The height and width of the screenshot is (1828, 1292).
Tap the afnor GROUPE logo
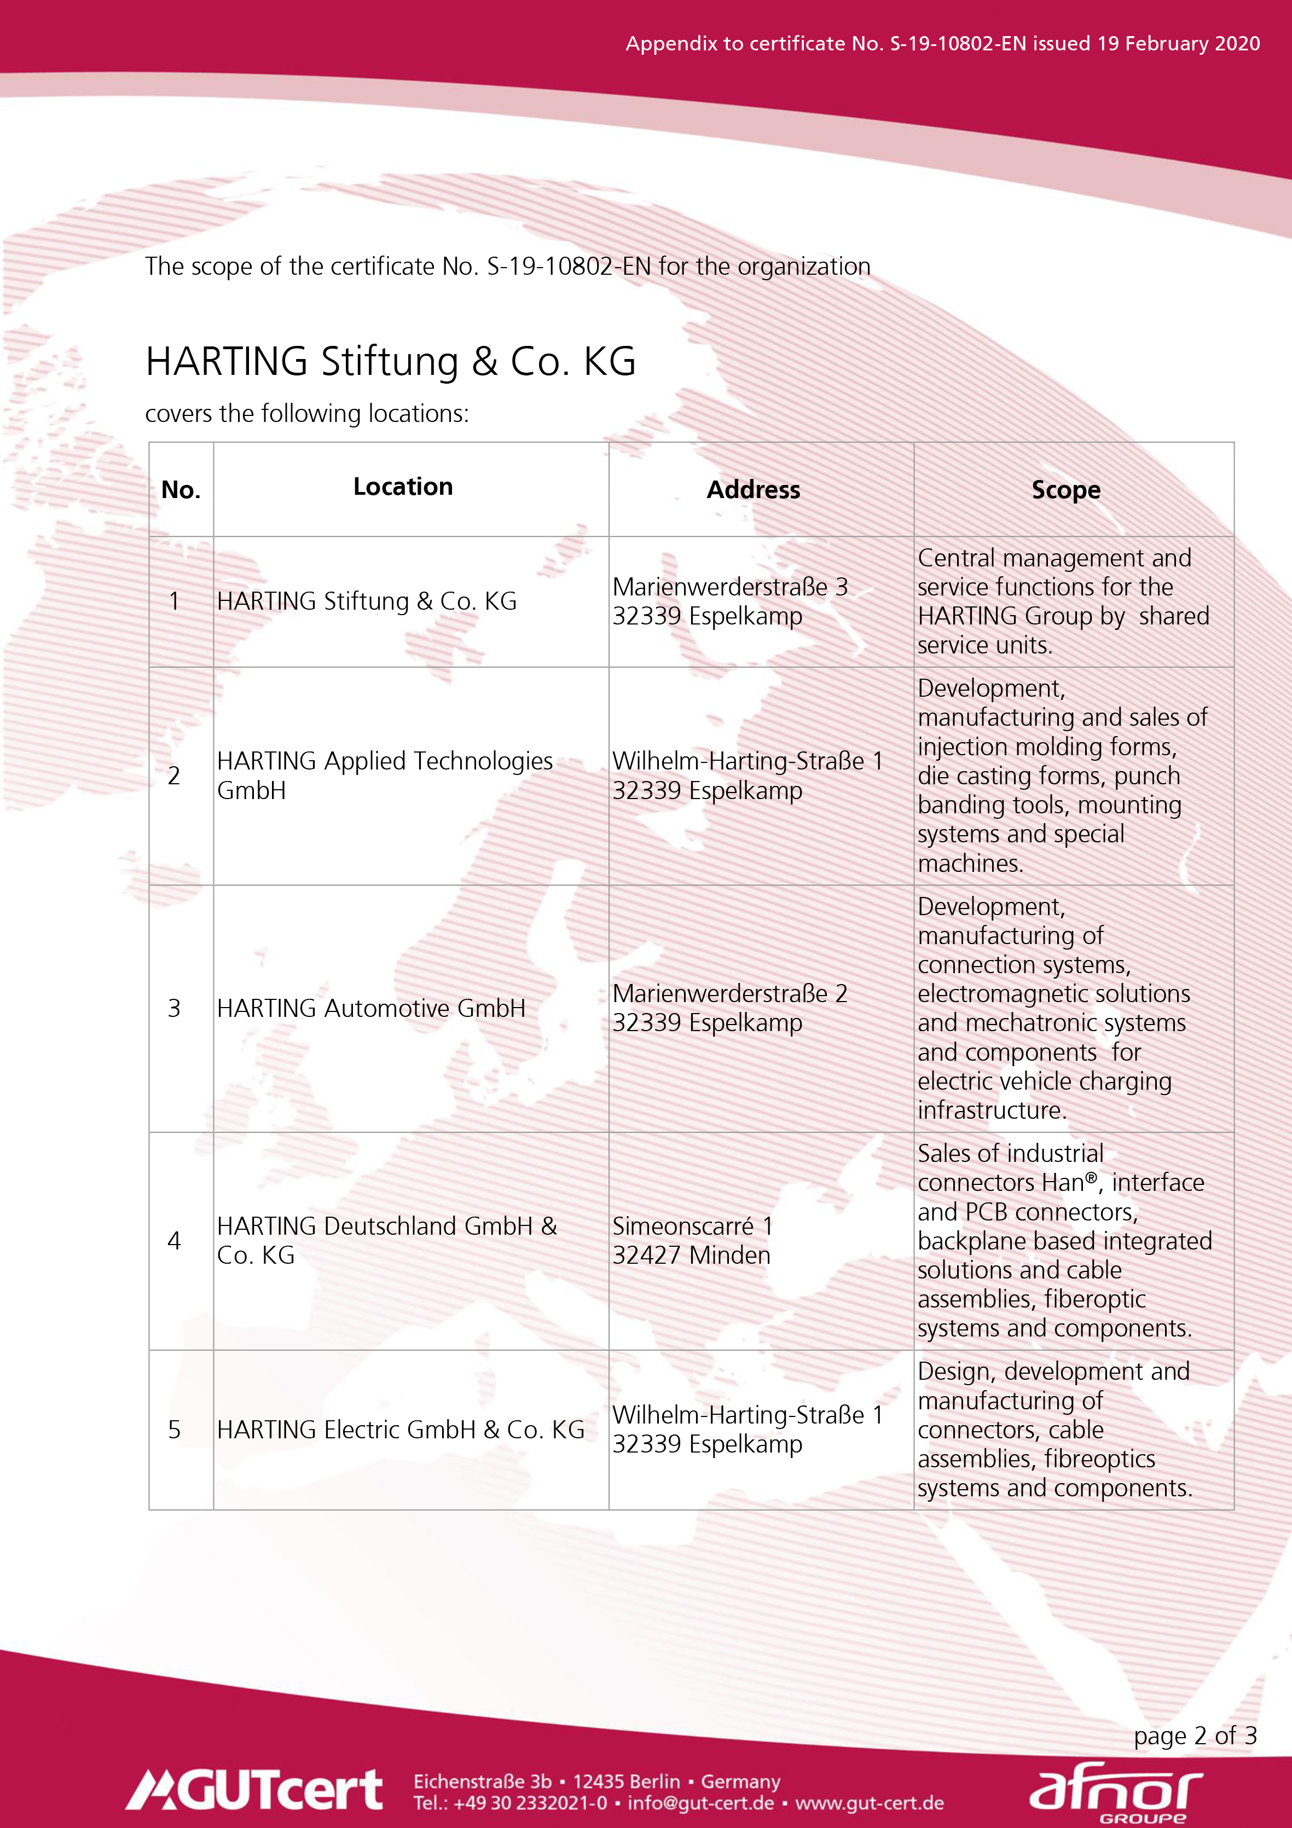pos(1116,1791)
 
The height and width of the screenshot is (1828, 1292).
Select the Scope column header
pos(1066,490)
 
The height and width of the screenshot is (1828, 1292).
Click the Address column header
pos(753,490)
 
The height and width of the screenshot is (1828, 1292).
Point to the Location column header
pos(403,487)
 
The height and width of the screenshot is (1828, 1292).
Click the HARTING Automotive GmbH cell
pos(371,1008)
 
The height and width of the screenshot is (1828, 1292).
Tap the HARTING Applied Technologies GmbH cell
pos(385,776)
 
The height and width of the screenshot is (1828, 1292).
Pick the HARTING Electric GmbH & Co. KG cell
pos(401,1429)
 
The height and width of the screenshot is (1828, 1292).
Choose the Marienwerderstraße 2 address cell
pos(729,1008)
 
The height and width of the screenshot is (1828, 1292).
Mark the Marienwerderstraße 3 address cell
pos(729,601)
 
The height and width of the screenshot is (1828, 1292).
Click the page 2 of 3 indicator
pos(1195,1735)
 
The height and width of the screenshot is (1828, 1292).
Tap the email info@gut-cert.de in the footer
pos(700,1802)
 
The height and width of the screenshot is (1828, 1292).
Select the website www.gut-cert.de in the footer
pos(870,1802)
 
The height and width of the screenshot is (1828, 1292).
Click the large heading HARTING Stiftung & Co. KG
pos(391,361)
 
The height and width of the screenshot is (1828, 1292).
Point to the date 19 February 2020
pos(1178,43)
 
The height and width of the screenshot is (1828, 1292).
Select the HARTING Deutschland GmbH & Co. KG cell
pos(387,1240)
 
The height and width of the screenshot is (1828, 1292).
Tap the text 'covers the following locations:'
pos(308,413)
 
